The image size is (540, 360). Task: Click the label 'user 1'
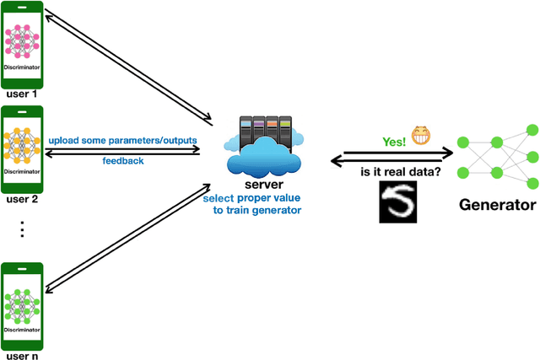[x=23, y=94]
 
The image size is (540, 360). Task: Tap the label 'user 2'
[x=23, y=200]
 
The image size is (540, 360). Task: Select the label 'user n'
[x=23, y=354]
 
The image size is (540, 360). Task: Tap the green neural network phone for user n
[x=23, y=304]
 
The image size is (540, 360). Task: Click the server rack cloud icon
[x=264, y=143]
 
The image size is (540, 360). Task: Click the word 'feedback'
[x=124, y=159]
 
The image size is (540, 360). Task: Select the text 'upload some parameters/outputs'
[x=124, y=139]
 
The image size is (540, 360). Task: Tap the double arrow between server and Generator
[x=389, y=158]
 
